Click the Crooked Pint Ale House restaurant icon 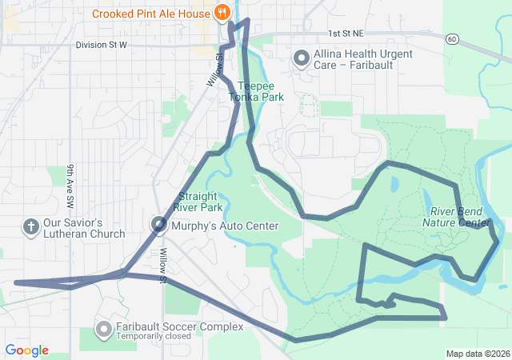click(x=222, y=13)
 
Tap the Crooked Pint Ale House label click(x=151, y=13)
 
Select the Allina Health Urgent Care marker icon click(x=302, y=58)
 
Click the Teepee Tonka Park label click(x=256, y=91)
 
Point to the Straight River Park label click(x=200, y=202)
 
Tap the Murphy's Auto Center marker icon click(x=160, y=226)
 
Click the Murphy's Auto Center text click(x=225, y=226)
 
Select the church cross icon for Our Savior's click(x=31, y=227)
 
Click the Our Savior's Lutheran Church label click(x=84, y=228)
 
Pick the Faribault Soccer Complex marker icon click(x=103, y=329)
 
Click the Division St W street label click(x=102, y=45)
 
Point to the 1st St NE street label click(x=346, y=34)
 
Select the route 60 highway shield click(x=452, y=38)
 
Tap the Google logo click(x=26, y=350)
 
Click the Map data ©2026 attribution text click(x=477, y=354)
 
